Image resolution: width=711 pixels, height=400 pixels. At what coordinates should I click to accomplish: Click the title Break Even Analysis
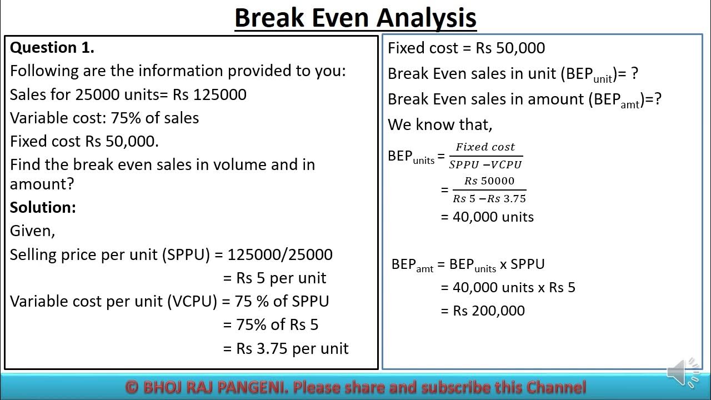(x=355, y=18)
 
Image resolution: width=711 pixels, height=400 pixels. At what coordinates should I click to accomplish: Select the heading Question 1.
(x=52, y=48)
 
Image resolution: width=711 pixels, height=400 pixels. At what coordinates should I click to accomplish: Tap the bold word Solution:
(x=43, y=207)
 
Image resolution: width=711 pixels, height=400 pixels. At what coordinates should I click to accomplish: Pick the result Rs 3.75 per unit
(x=292, y=348)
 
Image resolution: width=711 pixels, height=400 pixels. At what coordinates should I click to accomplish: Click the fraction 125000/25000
(x=280, y=254)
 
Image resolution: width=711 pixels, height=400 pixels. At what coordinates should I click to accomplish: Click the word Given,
(x=32, y=231)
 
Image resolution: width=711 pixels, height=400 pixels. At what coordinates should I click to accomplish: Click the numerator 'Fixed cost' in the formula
(x=485, y=147)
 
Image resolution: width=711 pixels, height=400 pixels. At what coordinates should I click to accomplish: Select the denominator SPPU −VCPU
(x=485, y=164)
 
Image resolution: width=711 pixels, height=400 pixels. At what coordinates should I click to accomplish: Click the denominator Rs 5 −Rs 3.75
(x=489, y=198)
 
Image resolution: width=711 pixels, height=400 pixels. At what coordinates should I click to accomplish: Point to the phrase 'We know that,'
(x=440, y=124)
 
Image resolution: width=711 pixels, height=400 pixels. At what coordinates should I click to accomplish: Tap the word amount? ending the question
(x=42, y=183)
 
